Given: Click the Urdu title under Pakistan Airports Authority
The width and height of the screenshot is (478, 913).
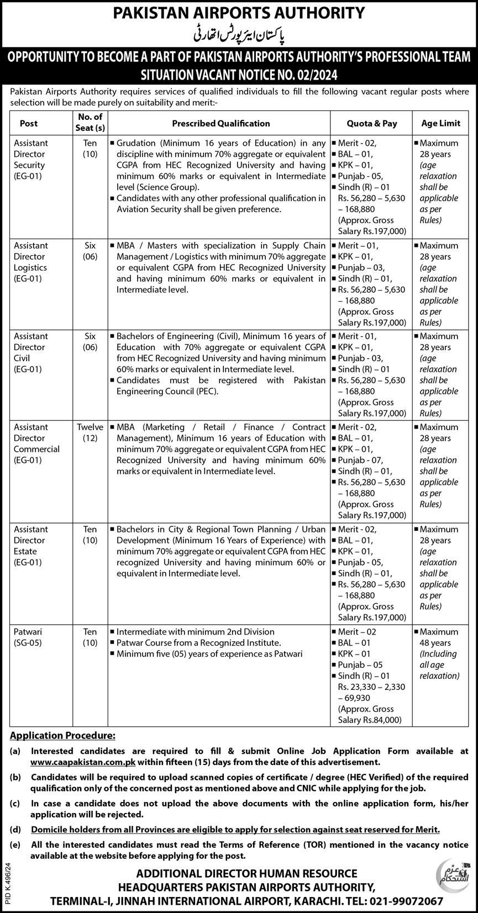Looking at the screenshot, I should coord(239,34).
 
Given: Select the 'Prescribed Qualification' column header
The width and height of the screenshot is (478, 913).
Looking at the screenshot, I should coord(220,124).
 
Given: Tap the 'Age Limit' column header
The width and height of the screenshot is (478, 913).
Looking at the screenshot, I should coord(440,124).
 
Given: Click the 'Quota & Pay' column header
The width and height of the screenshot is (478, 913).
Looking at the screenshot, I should coord(371,124).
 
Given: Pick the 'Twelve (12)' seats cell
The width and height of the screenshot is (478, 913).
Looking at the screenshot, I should coord(90,432).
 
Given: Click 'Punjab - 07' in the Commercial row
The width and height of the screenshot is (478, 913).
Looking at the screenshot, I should coord(361,460).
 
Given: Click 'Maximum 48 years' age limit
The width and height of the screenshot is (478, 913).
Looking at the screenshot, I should coord(439,637).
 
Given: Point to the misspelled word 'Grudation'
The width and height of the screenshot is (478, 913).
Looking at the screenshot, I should coord(135,143).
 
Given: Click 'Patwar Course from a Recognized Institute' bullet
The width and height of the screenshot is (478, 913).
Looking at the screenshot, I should coord(199,643).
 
